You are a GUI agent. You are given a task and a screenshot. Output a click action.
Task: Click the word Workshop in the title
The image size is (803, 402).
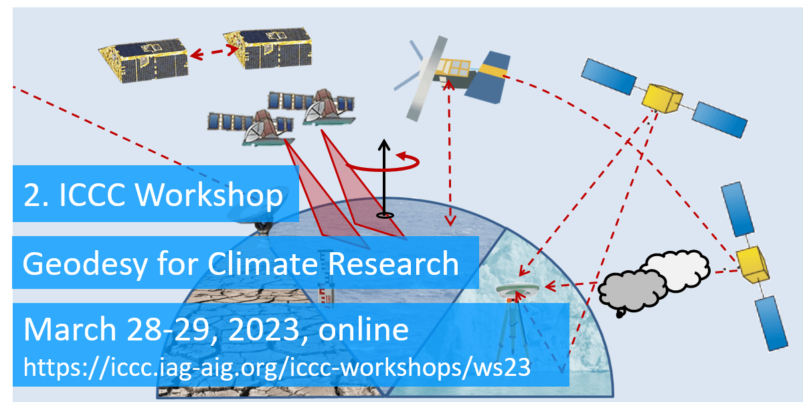click(x=209, y=195)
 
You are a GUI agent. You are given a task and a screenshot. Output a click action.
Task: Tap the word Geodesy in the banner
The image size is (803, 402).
click(x=85, y=264)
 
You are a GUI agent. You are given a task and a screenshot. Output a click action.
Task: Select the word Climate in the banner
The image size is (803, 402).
click(x=263, y=264)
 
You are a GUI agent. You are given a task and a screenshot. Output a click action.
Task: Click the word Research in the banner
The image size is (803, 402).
click(x=393, y=264)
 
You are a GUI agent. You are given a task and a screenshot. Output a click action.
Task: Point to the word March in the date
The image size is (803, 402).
click(x=70, y=329)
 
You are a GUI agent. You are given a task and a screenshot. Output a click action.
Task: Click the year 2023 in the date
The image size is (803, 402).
click(x=263, y=330)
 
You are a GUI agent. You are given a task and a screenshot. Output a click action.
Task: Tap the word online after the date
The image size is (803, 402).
click(x=363, y=329)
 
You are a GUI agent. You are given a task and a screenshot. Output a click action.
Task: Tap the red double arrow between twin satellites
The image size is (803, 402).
click(x=214, y=52)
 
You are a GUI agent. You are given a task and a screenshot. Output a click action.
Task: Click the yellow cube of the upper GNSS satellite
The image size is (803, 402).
click(x=662, y=98)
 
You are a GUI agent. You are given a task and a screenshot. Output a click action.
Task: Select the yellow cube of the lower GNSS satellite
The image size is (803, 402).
click(x=752, y=264)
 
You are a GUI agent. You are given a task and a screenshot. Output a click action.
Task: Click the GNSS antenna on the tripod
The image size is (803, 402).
click(x=518, y=290)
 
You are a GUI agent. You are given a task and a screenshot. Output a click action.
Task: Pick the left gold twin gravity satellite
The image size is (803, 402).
click(x=144, y=60)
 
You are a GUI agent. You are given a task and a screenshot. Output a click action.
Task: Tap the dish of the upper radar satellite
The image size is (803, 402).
click(x=317, y=110)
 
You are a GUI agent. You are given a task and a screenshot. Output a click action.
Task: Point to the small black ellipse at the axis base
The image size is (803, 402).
click(x=385, y=215)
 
